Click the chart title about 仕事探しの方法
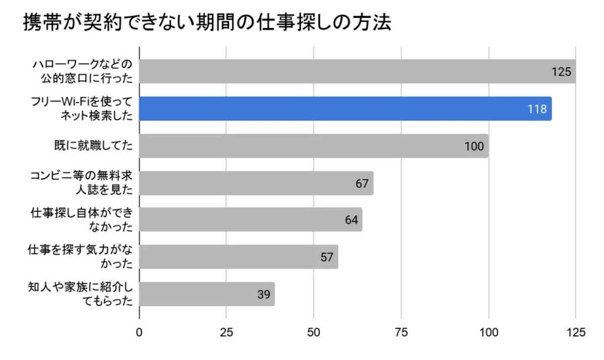coord(207,23)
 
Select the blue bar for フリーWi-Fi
coord(345,108)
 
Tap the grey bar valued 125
coord(357,71)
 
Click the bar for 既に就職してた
coord(314,146)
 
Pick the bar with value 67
coord(256,183)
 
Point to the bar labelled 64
coord(251,220)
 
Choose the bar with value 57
coord(238,257)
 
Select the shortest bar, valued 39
coord(207,294)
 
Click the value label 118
coord(537,109)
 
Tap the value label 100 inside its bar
coord(474,146)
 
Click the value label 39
coord(264,294)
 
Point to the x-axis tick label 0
coord(139,332)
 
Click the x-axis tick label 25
coord(226,332)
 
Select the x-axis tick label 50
coord(314,332)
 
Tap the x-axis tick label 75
coord(401,332)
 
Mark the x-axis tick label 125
coord(576,332)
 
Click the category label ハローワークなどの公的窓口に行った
coord(83,71)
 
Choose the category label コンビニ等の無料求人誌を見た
coord(83,183)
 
